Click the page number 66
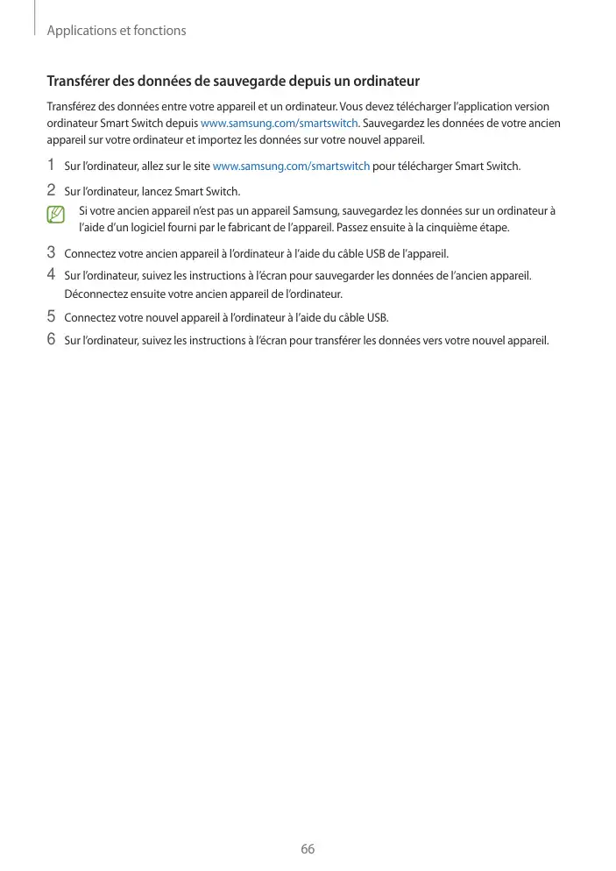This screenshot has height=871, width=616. [308, 849]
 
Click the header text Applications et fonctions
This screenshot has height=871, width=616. [117, 31]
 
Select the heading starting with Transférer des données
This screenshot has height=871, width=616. [233, 81]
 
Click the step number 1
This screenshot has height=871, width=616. [51, 165]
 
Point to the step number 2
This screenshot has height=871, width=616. [51, 189]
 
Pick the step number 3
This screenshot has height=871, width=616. [51, 252]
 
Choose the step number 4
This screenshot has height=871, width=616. [51, 274]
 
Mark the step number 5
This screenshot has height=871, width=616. [51, 315]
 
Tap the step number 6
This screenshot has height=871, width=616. [51, 338]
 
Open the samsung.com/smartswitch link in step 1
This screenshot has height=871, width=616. [291, 166]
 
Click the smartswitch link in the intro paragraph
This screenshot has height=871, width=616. [280, 123]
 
